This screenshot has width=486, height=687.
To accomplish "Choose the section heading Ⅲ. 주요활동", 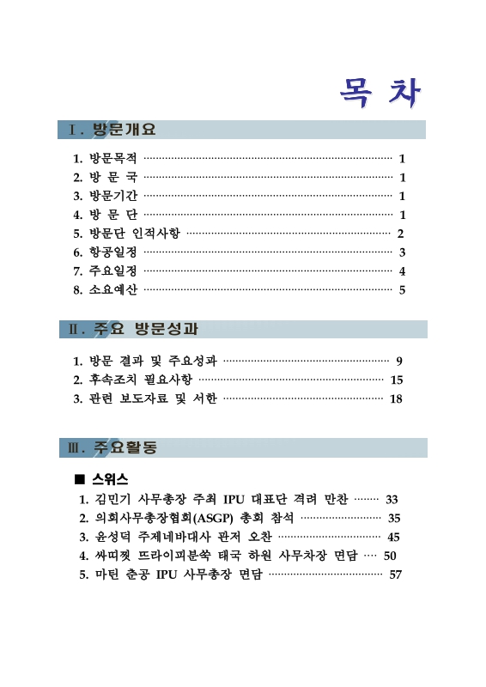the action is point(112,448).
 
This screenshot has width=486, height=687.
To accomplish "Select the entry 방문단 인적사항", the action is point(134,234).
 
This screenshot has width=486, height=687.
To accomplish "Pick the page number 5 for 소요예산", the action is point(402,290).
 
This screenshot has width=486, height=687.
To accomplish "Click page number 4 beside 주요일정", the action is point(402,271).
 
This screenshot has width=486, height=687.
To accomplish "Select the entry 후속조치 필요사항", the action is point(140,380).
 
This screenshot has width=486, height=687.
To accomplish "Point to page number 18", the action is point(396,398).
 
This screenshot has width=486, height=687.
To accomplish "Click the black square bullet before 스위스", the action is point(80,479).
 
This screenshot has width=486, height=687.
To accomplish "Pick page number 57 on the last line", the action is point(396,575).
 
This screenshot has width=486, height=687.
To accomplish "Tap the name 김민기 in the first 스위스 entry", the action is point(107,499).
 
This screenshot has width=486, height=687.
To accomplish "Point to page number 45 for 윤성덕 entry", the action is point(394,537).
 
